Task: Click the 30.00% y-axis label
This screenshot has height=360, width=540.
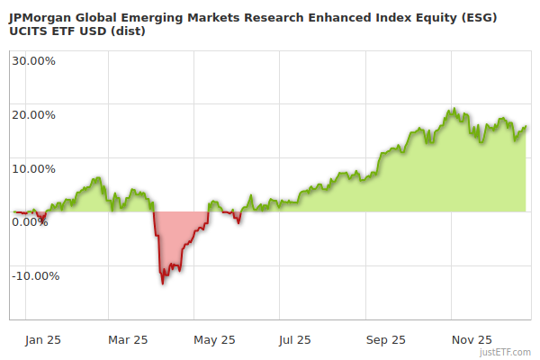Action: pos(33,60)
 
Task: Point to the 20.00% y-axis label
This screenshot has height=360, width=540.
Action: pos(33,114)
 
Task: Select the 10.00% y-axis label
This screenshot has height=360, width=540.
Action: pos(33,168)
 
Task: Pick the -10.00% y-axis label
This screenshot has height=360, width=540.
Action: pos(35,276)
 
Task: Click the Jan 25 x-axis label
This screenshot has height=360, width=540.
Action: pos(42,340)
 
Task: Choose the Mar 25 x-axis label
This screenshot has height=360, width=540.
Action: pos(128,340)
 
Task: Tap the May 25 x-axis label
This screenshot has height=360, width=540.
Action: pos(214,340)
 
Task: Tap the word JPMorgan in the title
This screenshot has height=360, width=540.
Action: pos(40,17)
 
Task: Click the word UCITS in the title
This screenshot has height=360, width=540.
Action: pos(27,31)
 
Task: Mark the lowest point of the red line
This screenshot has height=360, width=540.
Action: pos(163,283)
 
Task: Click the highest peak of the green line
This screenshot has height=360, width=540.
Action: pos(454,110)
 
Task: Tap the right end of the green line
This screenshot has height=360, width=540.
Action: pos(526,127)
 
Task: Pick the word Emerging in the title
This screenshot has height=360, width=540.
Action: pos(156,17)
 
